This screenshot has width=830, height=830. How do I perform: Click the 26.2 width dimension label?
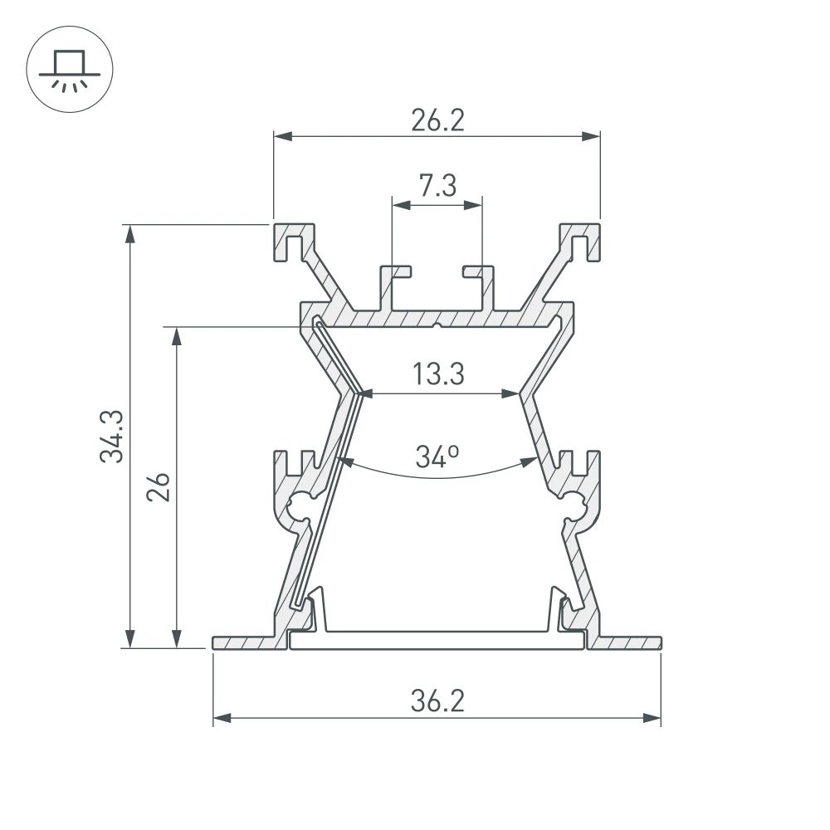click(x=437, y=121)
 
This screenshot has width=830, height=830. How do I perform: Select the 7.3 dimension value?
click(x=437, y=187)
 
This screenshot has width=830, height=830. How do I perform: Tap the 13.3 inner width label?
click(x=437, y=375)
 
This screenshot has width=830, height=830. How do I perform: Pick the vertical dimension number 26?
click(x=161, y=487)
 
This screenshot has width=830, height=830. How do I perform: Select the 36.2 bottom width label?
click(x=437, y=702)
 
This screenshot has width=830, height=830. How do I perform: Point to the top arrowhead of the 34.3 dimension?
click(x=130, y=232)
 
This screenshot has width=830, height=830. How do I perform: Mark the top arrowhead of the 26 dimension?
click(x=176, y=334)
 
